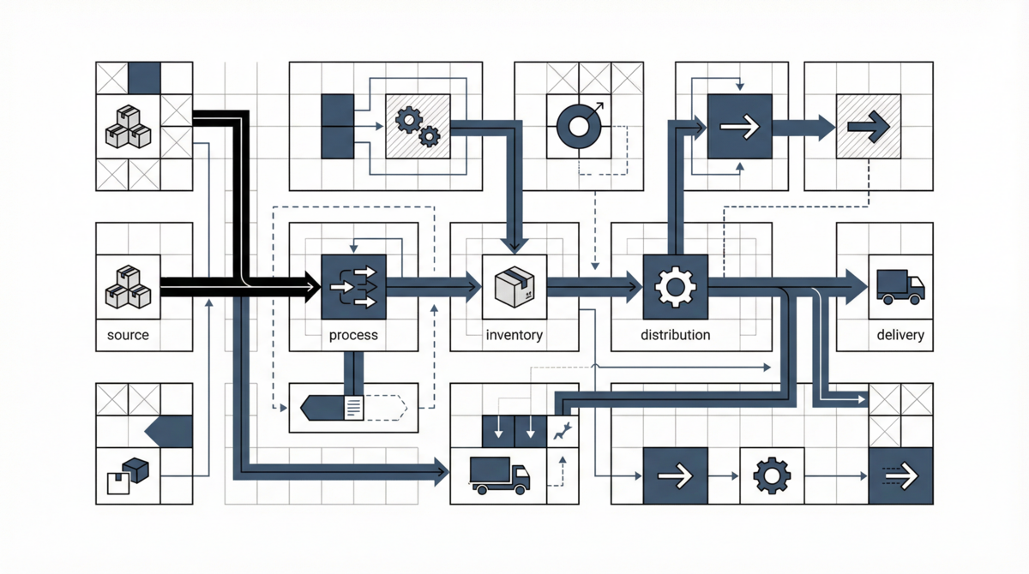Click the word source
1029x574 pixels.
coord(128,335)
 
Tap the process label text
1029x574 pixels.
coord(353,335)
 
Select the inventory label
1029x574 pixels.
coord(514,335)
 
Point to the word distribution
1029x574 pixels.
coord(675,335)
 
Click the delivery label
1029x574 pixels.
coord(900,335)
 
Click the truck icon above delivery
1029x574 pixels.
coord(900,286)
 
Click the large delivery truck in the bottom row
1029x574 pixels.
coord(500,475)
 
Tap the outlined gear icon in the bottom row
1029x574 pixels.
coord(771,475)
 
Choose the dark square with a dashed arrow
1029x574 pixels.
coord(900,475)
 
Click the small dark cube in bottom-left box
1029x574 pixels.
coord(135,469)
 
